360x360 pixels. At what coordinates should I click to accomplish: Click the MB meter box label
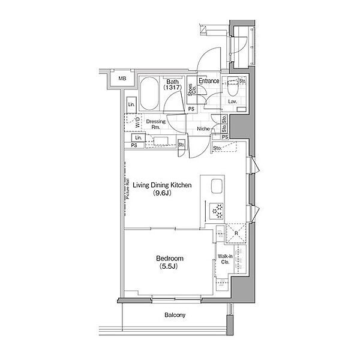(x=122, y=79)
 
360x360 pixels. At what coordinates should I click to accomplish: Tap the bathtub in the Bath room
(x=149, y=94)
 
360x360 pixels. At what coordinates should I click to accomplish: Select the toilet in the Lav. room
(x=233, y=88)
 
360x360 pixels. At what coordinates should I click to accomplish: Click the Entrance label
(x=209, y=81)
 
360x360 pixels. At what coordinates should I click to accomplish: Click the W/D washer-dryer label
(x=138, y=122)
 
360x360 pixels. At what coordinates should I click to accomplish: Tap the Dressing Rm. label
(x=155, y=124)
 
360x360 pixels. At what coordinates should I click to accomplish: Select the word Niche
(x=203, y=129)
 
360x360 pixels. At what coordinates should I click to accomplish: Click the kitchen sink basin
(x=217, y=186)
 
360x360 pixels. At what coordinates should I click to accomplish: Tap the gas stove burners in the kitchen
(x=217, y=211)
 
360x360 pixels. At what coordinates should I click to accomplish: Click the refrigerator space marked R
(x=236, y=233)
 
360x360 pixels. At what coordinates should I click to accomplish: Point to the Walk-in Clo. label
(x=225, y=259)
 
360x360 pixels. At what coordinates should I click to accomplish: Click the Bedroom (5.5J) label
(x=169, y=262)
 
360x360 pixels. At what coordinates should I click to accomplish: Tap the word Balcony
(x=175, y=315)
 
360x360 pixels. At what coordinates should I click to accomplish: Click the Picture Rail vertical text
(x=128, y=189)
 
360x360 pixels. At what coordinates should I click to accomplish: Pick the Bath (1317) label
(x=172, y=85)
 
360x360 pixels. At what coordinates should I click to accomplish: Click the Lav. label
(x=233, y=101)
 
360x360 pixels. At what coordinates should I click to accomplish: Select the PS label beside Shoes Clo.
(x=191, y=109)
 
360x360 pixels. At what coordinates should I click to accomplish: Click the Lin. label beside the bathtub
(x=131, y=104)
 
